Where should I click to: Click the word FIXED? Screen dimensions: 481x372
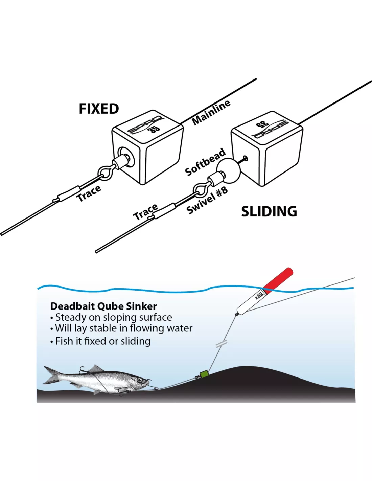point(99,109)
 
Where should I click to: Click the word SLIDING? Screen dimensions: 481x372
point(269,211)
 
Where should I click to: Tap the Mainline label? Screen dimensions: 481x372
point(211,112)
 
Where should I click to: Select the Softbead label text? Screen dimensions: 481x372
point(205,162)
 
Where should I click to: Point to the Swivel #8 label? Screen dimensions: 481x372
point(207,201)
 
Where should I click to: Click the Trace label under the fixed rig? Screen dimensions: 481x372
point(89,193)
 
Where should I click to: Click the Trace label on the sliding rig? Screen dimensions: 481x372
point(145,212)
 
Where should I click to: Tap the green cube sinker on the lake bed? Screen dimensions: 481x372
point(204,374)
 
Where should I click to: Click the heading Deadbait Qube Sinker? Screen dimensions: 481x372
point(103,306)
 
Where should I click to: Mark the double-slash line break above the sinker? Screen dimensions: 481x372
point(221,344)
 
